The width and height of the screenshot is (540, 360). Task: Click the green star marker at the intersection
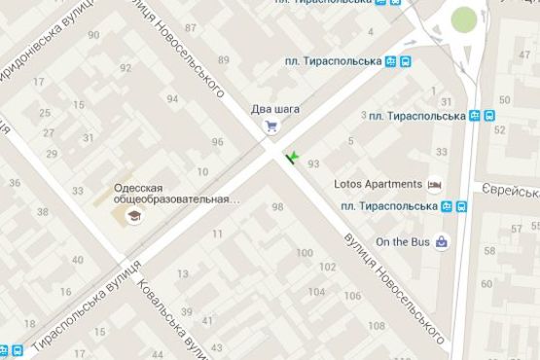(x=291, y=156)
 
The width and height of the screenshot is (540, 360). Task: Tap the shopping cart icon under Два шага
(x=274, y=126)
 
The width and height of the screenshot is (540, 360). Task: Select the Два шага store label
(x=274, y=108)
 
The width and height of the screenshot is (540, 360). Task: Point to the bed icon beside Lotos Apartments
(x=435, y=184)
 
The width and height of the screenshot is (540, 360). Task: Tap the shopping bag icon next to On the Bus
(x=443, y=240)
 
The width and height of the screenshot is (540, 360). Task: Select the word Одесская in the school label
(x=139, y=188)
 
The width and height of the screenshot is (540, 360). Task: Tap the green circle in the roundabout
(x=465, y=18)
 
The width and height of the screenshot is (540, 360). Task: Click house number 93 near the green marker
(x=313, y=163)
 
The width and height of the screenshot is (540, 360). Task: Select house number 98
(x=278, y=206)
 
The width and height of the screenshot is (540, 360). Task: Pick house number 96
(x=218, y=142)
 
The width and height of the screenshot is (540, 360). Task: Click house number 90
(x=93, y=35)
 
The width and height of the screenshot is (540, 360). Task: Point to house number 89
(x=224, y=60)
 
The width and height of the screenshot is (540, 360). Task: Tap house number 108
(x=377, y=325)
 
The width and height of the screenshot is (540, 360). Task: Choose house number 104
(x=342, y=292)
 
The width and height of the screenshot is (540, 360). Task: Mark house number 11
(x=217, y=234)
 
